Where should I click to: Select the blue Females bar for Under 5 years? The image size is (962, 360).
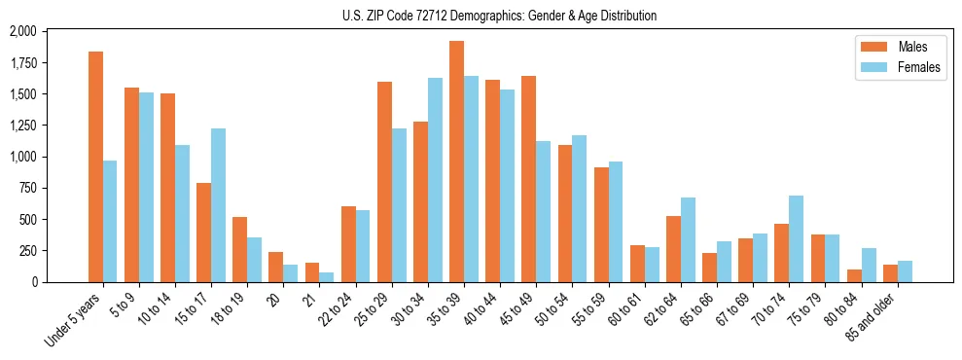[110, 221]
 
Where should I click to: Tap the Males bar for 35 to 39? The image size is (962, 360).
[456, 162]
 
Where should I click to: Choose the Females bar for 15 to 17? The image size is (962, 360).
[218, 205]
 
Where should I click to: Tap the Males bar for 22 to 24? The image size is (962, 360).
[348, 244]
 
